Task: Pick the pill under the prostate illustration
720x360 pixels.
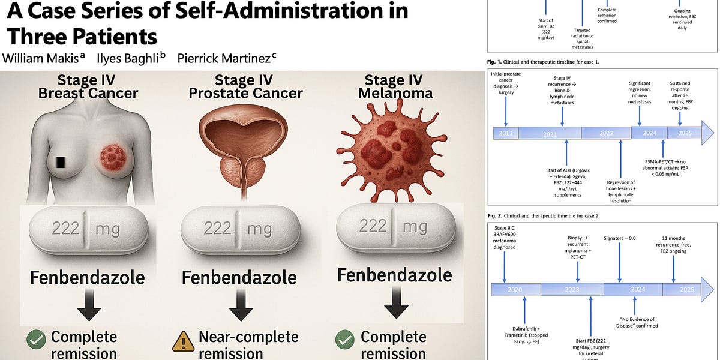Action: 239,229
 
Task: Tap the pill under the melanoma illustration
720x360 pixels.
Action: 394,226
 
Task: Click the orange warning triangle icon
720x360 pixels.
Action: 182,341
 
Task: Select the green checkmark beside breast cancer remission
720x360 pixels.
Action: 36,340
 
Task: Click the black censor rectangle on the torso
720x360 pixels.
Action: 59,163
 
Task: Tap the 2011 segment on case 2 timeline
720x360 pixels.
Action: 506,133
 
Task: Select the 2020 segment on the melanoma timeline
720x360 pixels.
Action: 515,290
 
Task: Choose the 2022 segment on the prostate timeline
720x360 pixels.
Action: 606,133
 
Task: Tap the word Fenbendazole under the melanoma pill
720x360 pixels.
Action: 394,275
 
